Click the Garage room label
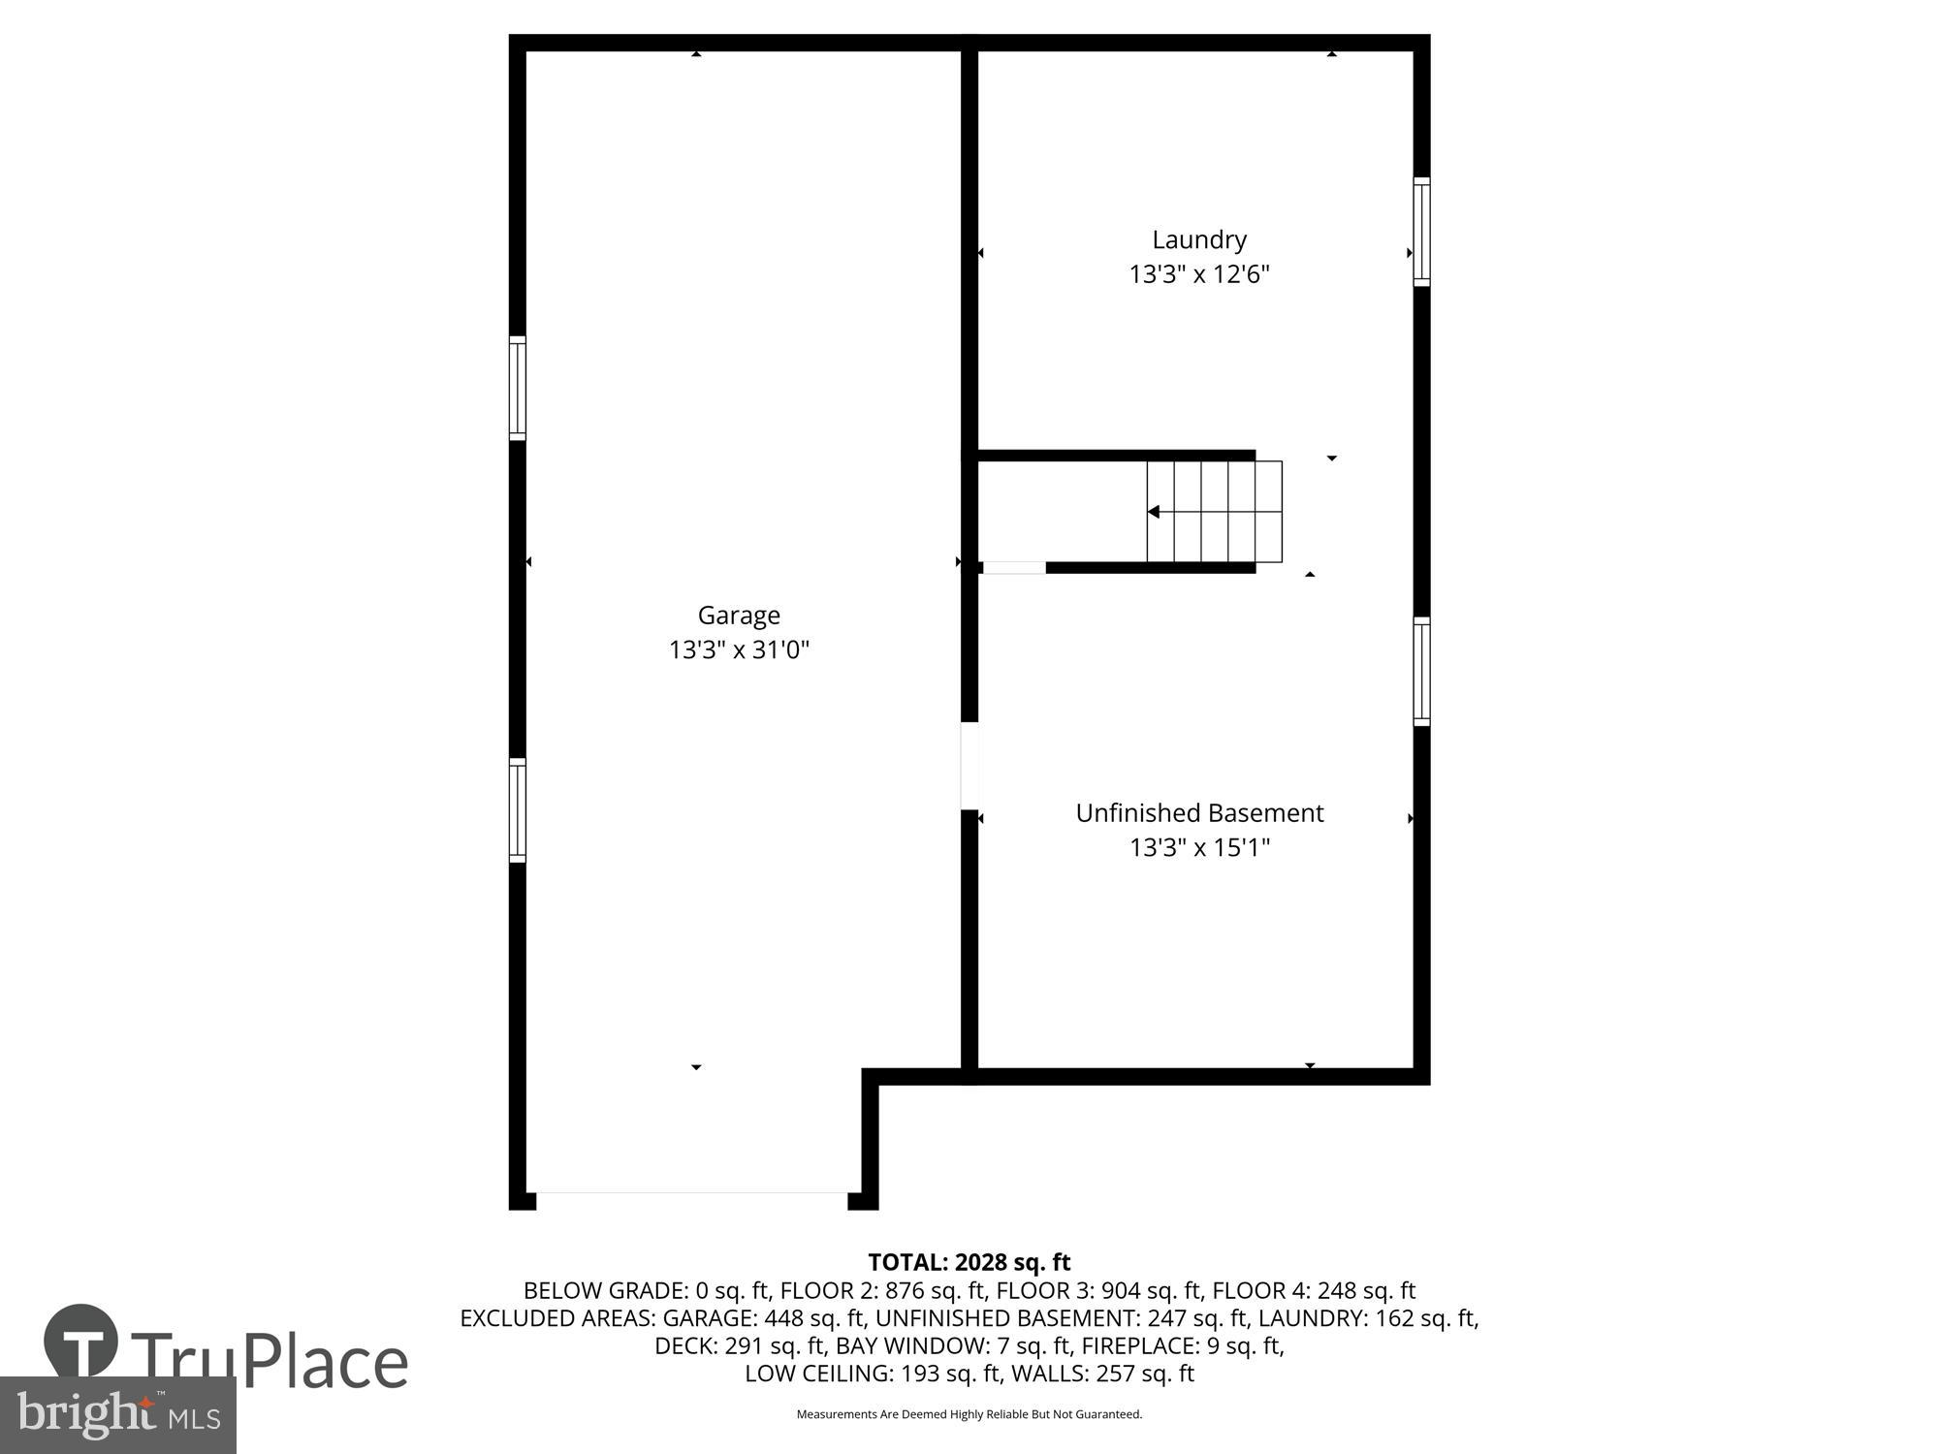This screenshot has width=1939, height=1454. click(x=739, y=616)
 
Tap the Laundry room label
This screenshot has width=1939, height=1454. click(x=1199, y=239)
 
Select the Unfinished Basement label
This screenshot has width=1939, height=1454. click(x=1199, y=813)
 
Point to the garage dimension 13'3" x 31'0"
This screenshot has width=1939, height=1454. click(x=739, y=649)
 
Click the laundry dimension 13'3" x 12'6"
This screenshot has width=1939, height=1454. click(x=1199, y=274)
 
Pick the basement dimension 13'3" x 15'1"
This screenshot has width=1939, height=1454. click(x=1199, y=848)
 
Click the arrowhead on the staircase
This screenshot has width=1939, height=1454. click(x=1154, y=512)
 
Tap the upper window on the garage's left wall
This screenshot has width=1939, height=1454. click(x=518, y=388)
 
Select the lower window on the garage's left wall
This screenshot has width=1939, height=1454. click(x=518, y=810)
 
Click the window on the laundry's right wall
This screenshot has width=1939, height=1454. click(x=1421, y=232)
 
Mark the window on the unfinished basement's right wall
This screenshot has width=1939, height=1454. click(x=1421, y=671)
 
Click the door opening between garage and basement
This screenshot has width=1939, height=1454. click(x=969, y=766)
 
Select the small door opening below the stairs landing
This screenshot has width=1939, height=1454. click(x=1014, y=568)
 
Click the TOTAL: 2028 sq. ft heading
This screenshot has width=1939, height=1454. click(x=969, y=1262)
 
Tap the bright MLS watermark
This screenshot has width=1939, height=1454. click(x=118, y=1415)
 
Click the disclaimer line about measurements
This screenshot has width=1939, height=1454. click(x=969, y=1414)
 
